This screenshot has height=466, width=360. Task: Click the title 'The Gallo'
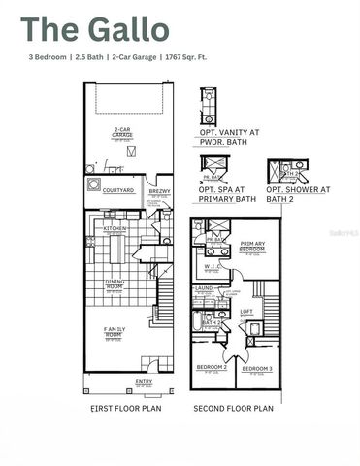(x=94, y=30)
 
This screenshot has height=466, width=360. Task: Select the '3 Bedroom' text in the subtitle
(x=48, y=58)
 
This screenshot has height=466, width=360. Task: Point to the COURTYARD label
(x=118, y=190)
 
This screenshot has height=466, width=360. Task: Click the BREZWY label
(x=159, y=192)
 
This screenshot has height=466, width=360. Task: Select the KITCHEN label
(x=115, y=229)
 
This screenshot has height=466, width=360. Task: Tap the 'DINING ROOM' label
(x=114, y=287)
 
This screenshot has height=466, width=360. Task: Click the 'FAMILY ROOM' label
(x=114, y=334)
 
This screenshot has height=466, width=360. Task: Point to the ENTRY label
(x=144, y=381)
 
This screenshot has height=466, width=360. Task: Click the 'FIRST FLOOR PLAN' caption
(x=120, y=409)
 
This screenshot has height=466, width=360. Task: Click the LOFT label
(x=246, y=311)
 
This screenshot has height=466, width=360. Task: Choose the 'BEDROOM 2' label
(x=212, y=367)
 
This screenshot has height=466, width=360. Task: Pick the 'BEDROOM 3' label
(x=256, y=369)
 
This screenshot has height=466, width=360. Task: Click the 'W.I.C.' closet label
(x=211, y=266)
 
